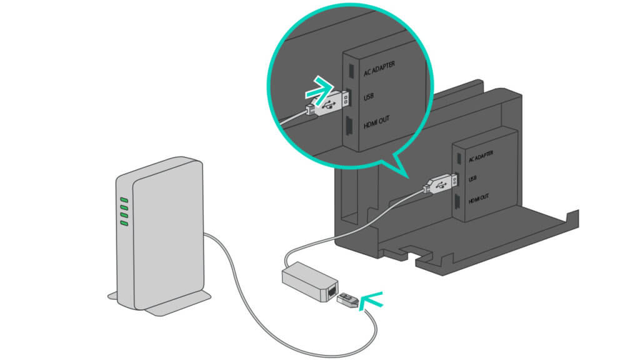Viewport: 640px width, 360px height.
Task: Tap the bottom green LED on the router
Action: [x=124, y=222]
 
